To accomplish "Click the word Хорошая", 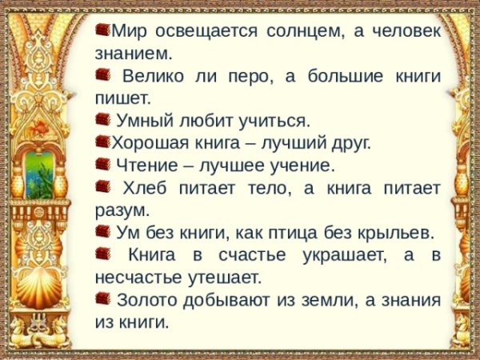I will point(146,144).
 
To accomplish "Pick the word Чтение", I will point(148,166).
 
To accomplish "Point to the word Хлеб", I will point(144,189).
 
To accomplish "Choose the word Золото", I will point(146,301).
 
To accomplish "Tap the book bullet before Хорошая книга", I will point(102,142).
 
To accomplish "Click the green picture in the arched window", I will point(41,173).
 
